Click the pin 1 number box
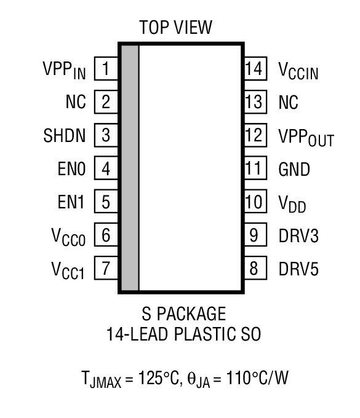(x=106, y=68)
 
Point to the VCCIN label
(x=299, y=71)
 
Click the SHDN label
(x=65, y=135)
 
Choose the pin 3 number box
(x=106, y=135)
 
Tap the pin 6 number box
(x=106, y=235)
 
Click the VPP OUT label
(x=306, y=138)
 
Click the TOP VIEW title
(x=175, y=27)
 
